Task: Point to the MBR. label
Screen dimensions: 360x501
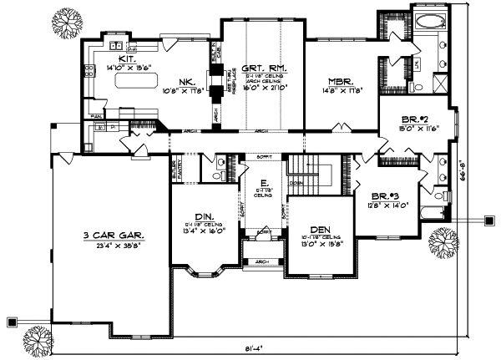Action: tap(338, 82)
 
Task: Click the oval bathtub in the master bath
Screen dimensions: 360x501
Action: tap(432, 23)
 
